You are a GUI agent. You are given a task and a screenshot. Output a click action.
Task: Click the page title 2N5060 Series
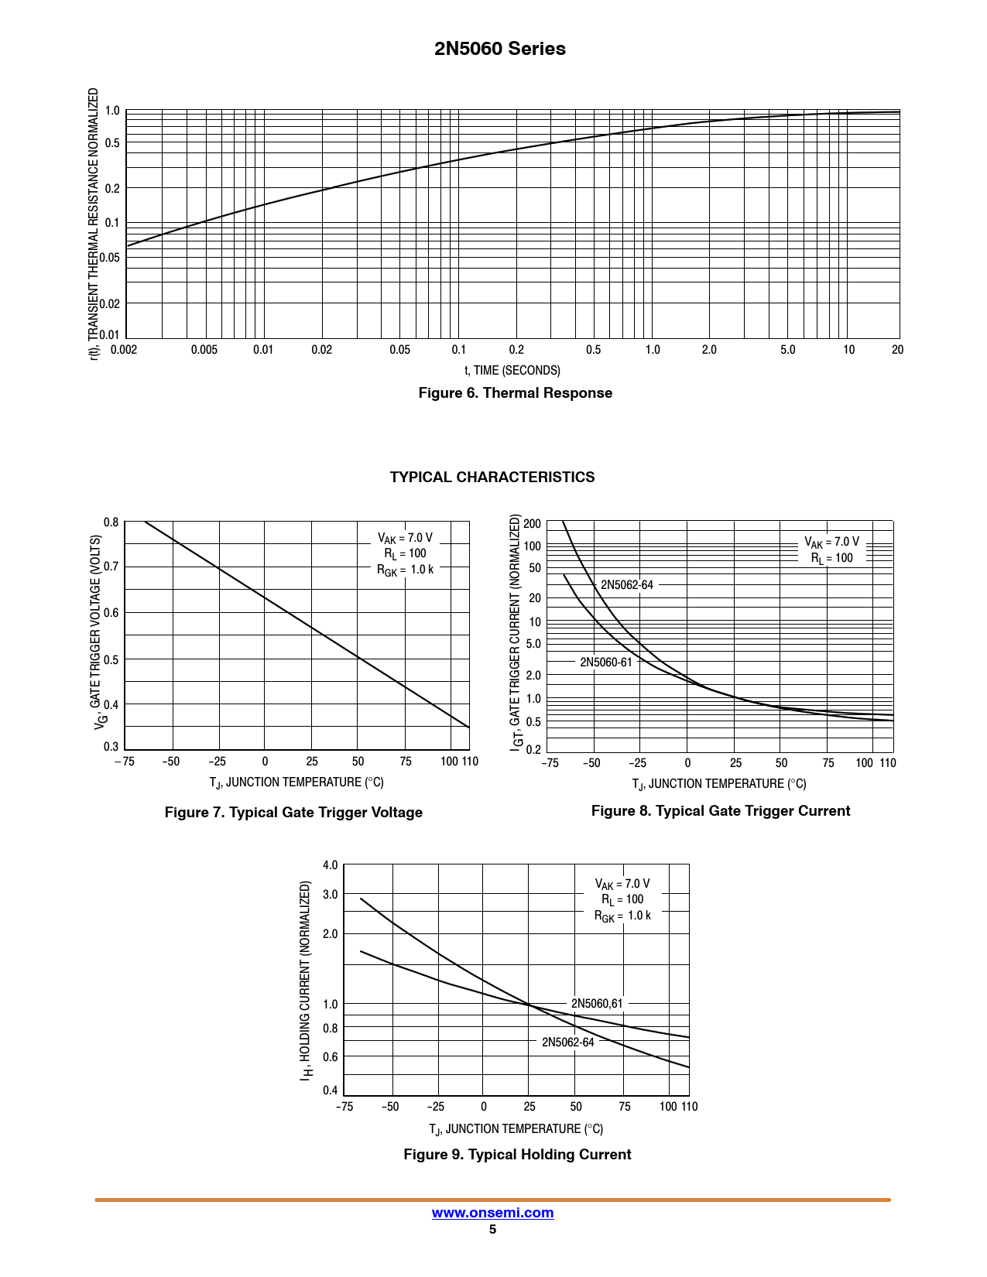click(499, 49)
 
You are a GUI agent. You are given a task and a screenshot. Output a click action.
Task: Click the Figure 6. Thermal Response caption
click(515, 393)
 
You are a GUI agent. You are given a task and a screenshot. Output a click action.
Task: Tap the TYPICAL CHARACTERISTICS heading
click(492, 477)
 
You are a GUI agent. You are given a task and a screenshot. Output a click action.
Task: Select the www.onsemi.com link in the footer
click(492, 1213)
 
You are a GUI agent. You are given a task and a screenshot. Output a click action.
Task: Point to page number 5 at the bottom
click(492, 1230)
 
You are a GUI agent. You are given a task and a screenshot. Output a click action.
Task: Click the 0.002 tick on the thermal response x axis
click(124, 350)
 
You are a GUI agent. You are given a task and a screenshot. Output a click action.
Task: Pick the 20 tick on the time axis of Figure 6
click(897, 350)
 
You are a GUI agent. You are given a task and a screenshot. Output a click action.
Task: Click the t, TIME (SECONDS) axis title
click(512, 371)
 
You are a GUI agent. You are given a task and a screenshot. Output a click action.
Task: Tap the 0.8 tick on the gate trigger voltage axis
click(111, 522)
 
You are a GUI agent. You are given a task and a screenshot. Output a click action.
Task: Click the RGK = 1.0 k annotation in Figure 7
click(405, 570)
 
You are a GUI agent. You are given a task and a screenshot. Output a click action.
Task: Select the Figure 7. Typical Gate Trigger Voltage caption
click(293, 813)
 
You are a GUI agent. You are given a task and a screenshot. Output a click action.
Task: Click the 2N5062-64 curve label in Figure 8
click(627, 585)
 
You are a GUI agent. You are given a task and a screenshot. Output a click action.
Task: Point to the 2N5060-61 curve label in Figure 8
click(606, 662)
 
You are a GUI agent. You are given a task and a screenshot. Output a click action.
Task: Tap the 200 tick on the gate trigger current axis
click(533, 524)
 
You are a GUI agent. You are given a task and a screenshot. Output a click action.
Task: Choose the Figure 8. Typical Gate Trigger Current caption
click(721, 811)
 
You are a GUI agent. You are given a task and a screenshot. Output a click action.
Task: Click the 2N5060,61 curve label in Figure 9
click(597, 1004)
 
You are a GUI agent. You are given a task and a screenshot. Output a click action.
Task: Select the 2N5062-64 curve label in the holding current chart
click(568, 1042)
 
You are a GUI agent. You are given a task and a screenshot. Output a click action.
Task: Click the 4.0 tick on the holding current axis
click(331, 865)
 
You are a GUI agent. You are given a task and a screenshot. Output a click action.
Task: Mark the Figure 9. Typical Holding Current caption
click(517, 1155)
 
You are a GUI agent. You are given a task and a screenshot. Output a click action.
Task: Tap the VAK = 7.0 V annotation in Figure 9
click(622, 884)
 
